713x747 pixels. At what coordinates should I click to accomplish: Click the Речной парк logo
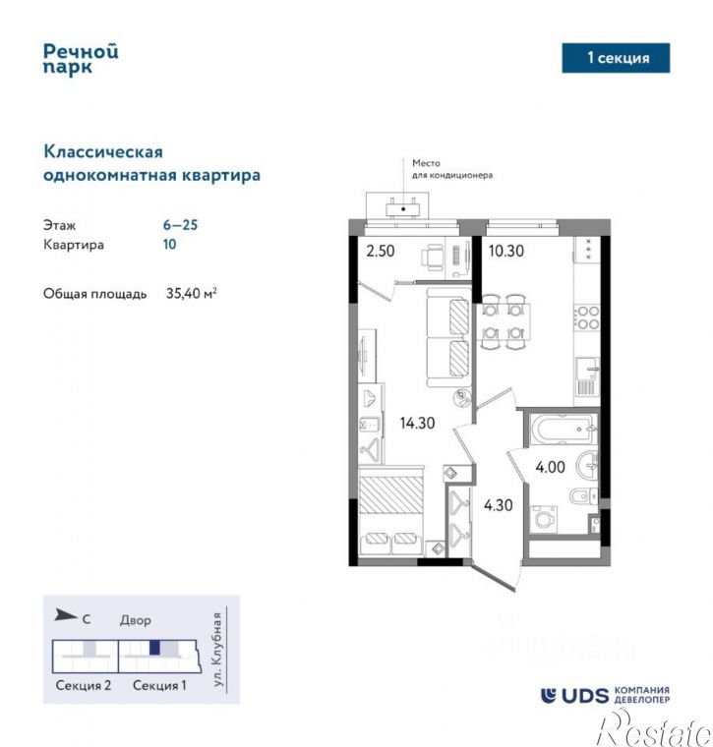81,58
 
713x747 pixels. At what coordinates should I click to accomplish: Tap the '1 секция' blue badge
617,58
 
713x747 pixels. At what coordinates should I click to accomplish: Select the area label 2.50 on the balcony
381,251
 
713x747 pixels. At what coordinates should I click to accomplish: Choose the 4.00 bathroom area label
549,467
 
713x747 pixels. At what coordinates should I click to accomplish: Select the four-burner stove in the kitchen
587,317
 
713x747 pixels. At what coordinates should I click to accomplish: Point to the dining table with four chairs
503,323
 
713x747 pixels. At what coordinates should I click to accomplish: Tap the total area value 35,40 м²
192,293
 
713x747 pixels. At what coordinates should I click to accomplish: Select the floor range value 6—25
180,224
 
